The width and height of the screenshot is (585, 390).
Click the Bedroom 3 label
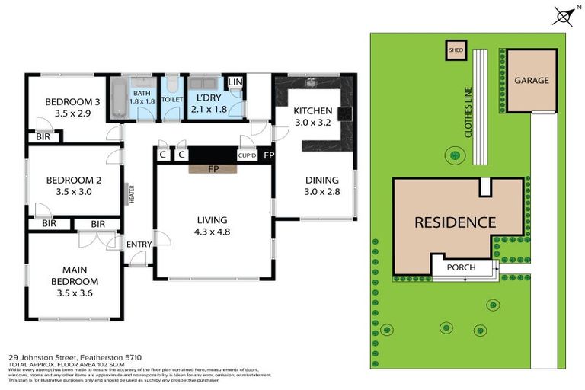tap(72, 103)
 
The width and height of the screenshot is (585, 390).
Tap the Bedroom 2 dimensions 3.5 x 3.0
tap(72, 192)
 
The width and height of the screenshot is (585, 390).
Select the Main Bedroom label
tap(72, 275)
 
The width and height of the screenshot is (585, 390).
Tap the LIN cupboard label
tap(235, 82)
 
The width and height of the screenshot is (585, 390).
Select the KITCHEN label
tap(313, 110)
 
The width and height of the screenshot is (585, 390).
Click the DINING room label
tap(321, 181)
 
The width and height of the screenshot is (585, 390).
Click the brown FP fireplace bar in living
tap(214, 169)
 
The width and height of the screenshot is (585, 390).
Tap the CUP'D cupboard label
tap(246, 155)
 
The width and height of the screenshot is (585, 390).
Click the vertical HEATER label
tap(131, 194)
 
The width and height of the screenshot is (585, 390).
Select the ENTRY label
tap(139, 244)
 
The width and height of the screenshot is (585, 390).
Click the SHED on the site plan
tap(456, 51)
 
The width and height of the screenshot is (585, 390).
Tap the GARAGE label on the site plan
tap(531, 80)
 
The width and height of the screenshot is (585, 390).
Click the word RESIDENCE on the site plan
tap(456, 223)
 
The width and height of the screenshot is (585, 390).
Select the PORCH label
tap(461, 267)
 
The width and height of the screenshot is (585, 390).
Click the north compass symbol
tap(564, 15)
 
